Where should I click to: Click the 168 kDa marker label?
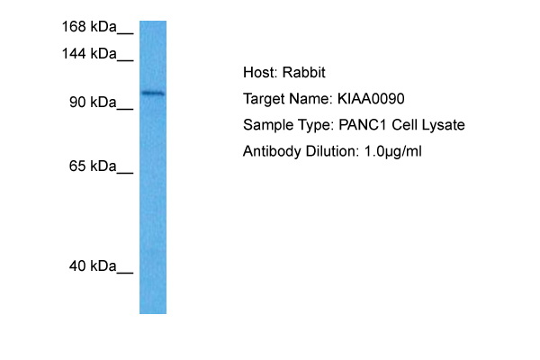[89, 26]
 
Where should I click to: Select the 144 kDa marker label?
[89, 54]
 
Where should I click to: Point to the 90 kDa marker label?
[93, 103]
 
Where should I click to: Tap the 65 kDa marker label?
[93, 166]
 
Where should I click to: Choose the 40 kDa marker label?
[93, 266]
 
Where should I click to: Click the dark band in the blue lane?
[153, 93]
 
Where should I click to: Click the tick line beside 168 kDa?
[125, 33]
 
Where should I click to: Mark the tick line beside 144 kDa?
[125, 60]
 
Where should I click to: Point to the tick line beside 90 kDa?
[125, 109]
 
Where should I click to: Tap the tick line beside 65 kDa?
[125, 173]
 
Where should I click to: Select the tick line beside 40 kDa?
[125, 273]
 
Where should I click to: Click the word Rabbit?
[304, 72]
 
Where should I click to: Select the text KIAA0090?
[371, 99]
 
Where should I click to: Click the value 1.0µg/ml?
[393, 151]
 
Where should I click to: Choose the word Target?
[264, 99]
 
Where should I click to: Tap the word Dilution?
[332, 151]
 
